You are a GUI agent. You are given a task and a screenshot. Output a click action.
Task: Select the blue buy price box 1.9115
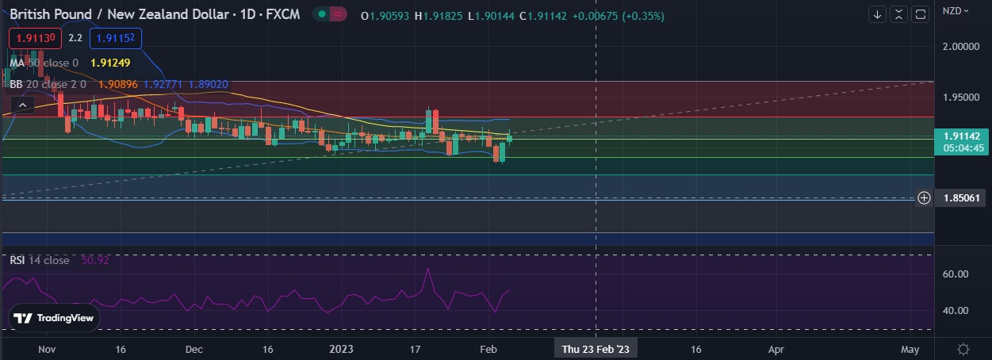point(115,37)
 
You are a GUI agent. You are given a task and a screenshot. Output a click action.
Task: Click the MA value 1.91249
point(110,63)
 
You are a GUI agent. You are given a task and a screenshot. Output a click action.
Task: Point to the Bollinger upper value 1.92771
point(163,83)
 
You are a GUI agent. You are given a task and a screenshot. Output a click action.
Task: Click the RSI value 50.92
point(95,260)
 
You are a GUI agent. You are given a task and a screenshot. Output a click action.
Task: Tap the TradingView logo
point(55,318)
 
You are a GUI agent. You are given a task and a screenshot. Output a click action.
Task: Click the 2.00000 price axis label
point(961,47)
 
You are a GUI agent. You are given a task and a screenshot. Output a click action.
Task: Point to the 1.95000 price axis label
point(961,97)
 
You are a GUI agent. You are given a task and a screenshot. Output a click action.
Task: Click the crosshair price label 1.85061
point(961,198)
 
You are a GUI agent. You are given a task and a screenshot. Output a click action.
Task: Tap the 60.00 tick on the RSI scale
point(956,274)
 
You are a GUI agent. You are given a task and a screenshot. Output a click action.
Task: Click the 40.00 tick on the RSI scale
point(956,311)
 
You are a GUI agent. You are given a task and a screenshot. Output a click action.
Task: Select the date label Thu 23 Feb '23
point(596,349)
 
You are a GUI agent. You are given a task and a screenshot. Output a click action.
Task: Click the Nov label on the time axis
point(46,349)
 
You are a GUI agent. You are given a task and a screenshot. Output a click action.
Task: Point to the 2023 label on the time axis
point(341,349)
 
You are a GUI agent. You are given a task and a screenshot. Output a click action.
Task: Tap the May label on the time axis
point(910,349)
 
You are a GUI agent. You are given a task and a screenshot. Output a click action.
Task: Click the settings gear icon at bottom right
point(963,349)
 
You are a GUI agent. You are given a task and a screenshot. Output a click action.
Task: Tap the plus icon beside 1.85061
point(924,198)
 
